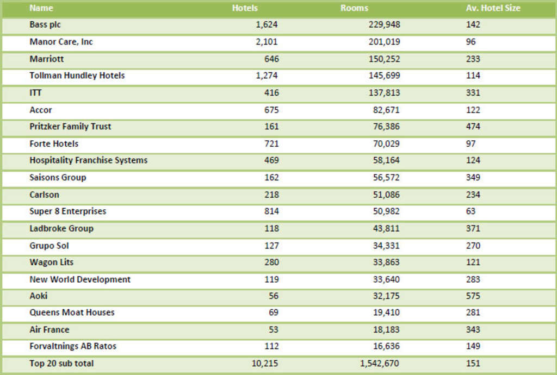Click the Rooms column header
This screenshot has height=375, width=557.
(x=354, y=8)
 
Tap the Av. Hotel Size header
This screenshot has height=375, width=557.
(x=493, y=8)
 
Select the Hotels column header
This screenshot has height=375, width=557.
(x=245, y=8)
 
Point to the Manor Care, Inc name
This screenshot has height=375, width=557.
(x=61, y=42)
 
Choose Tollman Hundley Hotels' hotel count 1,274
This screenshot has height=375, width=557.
(x=267, y=76)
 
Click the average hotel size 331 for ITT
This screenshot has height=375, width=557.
(x=473, y=93)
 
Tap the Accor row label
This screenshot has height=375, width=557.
(x=41, y=110)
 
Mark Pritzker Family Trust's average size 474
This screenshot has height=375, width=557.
(x=473, y=127)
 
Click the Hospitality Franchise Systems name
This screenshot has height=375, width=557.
(x=88, y=160)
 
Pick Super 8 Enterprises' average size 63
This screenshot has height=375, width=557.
(x=471, y=211)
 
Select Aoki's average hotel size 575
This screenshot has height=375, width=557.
(x=473, y=296)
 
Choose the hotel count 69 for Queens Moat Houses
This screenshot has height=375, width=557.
(x=273, y=312)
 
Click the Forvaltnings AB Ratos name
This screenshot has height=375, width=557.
(x=73, y=346)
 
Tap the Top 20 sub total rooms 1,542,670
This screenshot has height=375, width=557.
(x=380, y=363)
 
